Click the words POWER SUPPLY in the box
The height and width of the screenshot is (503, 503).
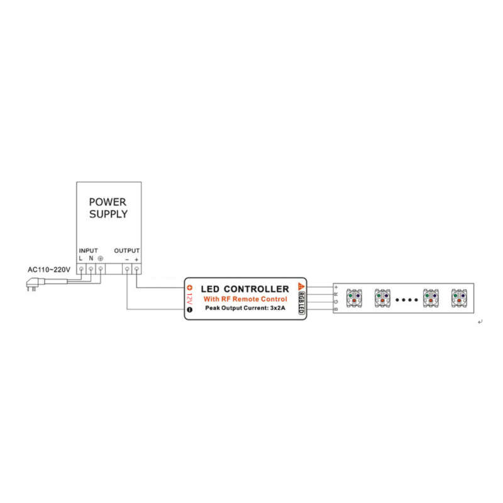pyautogui.click(x=108, y=208)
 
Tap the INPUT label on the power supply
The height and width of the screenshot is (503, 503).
pyautogui.click(x=88, y=250)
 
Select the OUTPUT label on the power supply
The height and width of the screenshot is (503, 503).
pyautogui.click(x=127, y=250)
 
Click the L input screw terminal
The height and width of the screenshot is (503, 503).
pyautogui.click(x=81, y=269)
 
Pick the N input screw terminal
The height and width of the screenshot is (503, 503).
pyautogui.click(x=91, y=269)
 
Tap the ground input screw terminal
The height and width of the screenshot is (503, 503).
pyautogui.click(x=101, y=269)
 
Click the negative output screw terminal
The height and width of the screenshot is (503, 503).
pyautogui.click(x=127, y=269)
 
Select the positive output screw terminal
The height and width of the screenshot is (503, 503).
pyautogui.click(x=136, y=269)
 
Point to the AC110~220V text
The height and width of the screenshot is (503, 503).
pyautogui.click(x=49, y=270)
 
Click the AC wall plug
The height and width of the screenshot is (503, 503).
pyautogui.click(x=35, y=284)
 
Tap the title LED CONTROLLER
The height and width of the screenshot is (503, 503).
pyautogui.click(x=245, y=289)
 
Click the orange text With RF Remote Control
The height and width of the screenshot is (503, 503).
pyautogui.click(x=245, y=299)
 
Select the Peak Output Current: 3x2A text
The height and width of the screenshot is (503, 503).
pyautogui.click(x=245, y=308)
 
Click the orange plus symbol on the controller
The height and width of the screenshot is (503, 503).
pyautogui.click(x=190, y=288)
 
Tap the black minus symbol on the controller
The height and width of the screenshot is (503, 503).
pyautogui.click(x=190, y=309)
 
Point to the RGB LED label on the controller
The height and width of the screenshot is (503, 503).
pyautogui.click(x=301, y=302)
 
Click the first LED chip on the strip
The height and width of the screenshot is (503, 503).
pyautogui.click(x=354, y=298)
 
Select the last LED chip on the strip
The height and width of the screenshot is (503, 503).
pyautogui.click(x=459, y=298)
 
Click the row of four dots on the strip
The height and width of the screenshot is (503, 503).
pyautogui.click(x=406, y=300)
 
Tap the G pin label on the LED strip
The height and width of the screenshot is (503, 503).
pyautogui.click(x=336, y=302)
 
